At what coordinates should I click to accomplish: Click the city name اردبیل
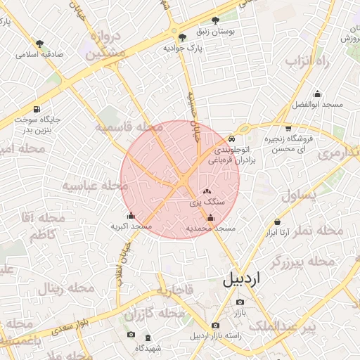click(x=241, y=278)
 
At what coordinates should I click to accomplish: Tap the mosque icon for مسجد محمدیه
click(x=210, y=219)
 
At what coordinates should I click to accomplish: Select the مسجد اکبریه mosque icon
click(x=131, y=216)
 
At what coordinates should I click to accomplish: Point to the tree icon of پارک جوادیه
click(x=183, y=37)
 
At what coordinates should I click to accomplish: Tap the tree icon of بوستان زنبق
click(x=215, y=21)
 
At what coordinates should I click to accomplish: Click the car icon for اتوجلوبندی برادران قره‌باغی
click(x=232, y=139)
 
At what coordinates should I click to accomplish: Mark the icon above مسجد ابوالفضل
click(x=317, y=94)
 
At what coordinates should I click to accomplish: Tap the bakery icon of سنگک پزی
click(x=206, y=191)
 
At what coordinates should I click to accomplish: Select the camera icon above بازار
click(x=240, y=302)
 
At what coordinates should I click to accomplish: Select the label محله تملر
click(x=320, y=231)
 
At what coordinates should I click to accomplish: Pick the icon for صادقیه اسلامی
click(x=39, y=43)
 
